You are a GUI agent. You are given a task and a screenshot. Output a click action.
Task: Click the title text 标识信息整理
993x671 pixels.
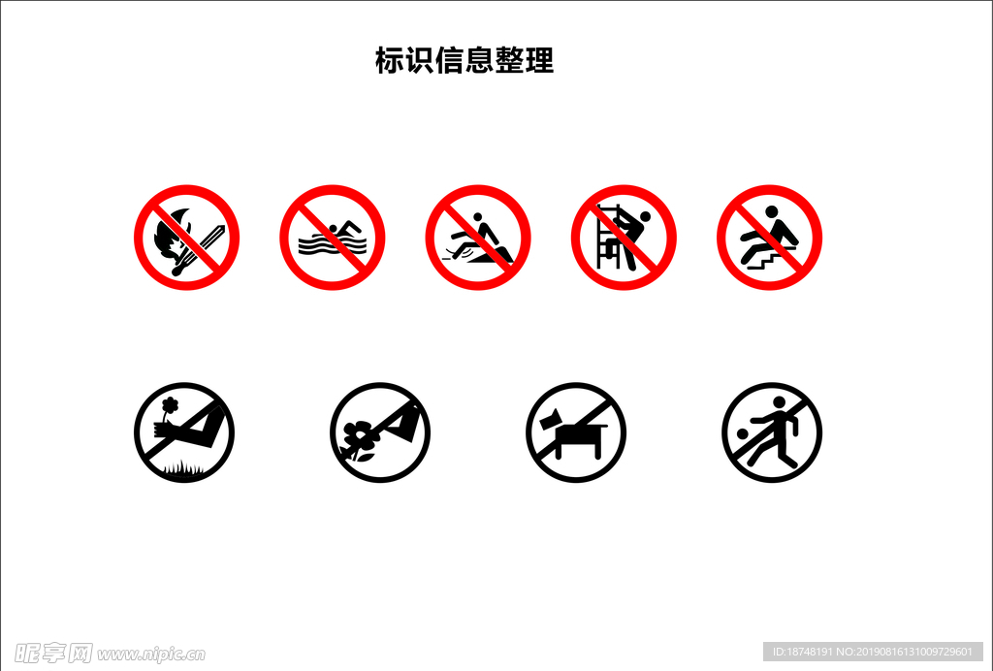(464, 61)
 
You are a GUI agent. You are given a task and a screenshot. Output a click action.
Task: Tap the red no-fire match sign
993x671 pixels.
(186, 238)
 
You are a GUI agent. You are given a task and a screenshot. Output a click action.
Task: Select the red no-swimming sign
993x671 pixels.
(332, 238)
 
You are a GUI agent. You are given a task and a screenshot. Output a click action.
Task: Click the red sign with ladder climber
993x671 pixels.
(624, 238)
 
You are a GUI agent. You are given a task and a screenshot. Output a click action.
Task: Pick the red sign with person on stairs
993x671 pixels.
(769, 238)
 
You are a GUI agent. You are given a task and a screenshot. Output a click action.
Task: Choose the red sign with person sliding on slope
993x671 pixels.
(478, 238)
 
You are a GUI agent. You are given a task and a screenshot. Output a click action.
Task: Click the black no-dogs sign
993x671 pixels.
(576, 432)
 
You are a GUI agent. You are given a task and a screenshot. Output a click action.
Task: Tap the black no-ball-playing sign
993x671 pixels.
(772, 432)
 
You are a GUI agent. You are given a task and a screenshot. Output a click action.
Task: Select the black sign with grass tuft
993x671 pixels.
(184, 432)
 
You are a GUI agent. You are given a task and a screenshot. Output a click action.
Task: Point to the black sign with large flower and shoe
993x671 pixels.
(380, 432)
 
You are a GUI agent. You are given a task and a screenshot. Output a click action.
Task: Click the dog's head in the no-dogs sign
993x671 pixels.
(552, 420)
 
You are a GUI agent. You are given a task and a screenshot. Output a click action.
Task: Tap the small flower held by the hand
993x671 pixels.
(171, 404)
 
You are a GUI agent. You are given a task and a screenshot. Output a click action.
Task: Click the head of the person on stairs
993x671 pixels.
(772, 212)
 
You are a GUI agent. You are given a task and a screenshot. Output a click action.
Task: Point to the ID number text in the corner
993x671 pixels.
(873, 652)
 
